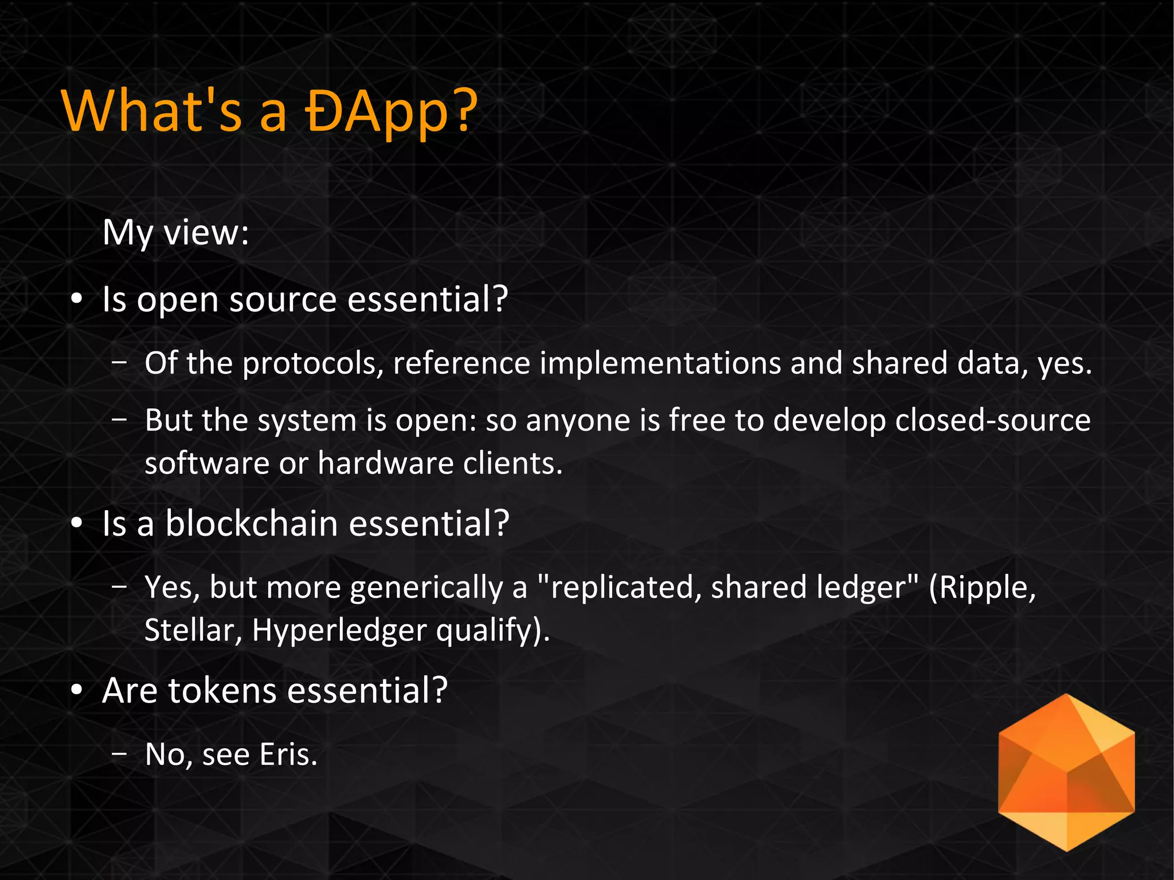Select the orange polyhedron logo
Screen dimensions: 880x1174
pos(1066,772)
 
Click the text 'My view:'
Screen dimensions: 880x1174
pos(175,232)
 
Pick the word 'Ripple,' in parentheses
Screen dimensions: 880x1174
pos(982,588)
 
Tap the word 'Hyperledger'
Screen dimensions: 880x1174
pos(339,630)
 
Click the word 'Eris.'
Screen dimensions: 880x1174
pos(288,754)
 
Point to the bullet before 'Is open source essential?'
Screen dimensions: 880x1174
pos(77,300)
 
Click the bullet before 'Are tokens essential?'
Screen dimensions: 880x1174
pos(77,691)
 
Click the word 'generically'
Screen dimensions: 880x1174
pos(426,588)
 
